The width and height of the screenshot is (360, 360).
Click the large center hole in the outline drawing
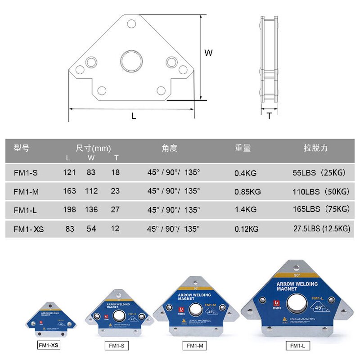point(131,59)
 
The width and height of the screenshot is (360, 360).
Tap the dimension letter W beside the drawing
point(208,53)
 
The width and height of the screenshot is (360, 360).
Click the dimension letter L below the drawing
point(133,116)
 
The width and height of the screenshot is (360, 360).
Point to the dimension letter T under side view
point(269,116)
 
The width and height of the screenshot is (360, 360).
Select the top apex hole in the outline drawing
point(131,24)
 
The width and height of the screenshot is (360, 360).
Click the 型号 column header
point(22,148)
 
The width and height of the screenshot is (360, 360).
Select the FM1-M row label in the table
point(26,191)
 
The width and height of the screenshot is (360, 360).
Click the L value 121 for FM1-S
point(69,172)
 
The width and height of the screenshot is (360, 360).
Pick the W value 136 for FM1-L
point(91,209)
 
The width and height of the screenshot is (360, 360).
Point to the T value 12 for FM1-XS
point(115,229)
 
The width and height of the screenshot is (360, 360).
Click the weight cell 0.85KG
point(247,192)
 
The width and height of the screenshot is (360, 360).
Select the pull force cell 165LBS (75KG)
point(321,209)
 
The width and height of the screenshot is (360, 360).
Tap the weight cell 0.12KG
point(247,229)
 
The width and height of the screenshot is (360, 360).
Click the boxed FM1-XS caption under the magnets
point(49,346)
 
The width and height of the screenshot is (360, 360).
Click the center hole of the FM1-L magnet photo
point(295,304)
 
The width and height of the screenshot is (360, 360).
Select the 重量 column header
point(243,148)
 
